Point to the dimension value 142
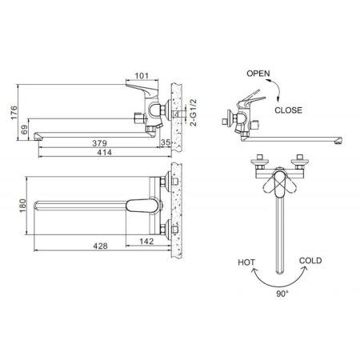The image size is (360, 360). [x=146, y=239]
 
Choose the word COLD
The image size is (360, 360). [x=311, y=261]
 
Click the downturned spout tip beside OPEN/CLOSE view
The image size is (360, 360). [x=339, y=142]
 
